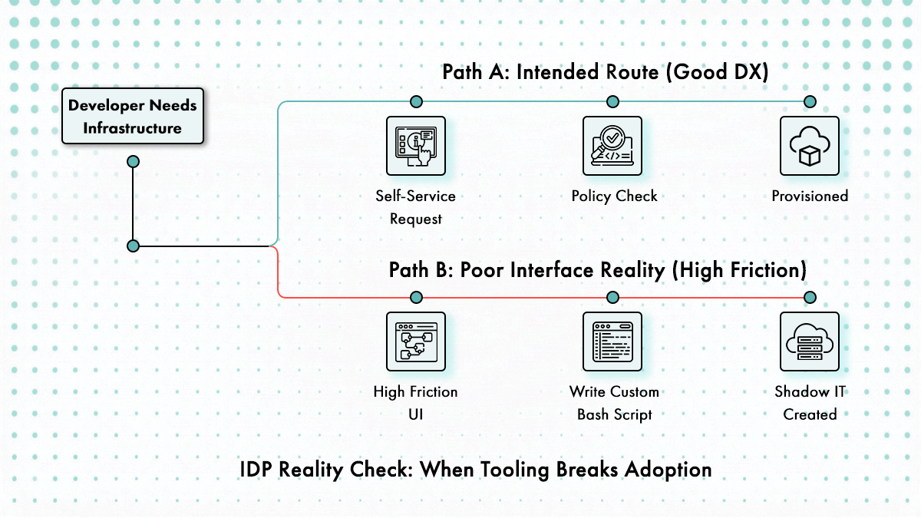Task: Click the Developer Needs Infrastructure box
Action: click(x=133, y=117)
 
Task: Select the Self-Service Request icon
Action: click(x=416, y=146)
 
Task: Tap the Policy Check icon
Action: click(x=612, y=146)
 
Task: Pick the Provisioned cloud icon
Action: click(x=809, y=146)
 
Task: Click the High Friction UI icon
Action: click(x=416, y=341)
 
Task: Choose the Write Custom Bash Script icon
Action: click(x=612, y=341)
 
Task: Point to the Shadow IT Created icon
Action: click(x=809, y=341)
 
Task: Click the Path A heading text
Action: click(x=606, y=72)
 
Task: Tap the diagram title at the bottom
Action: click(x=476, y=468)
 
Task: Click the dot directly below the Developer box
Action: click(x=133, y=161)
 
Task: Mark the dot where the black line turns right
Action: click(x=133, y=246)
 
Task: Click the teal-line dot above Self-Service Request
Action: click(x=416, y=101)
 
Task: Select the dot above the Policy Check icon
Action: click(x=612, y=101)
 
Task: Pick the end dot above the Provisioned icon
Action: click(x=809, y=101)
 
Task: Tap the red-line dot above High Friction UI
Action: click(x=416, y=297)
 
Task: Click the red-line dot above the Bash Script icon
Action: click(x=612, y=297)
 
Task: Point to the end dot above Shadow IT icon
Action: click(x=809, y=297)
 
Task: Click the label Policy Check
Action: click(x=614, y=196)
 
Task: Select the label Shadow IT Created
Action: click(x=810, y=403)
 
